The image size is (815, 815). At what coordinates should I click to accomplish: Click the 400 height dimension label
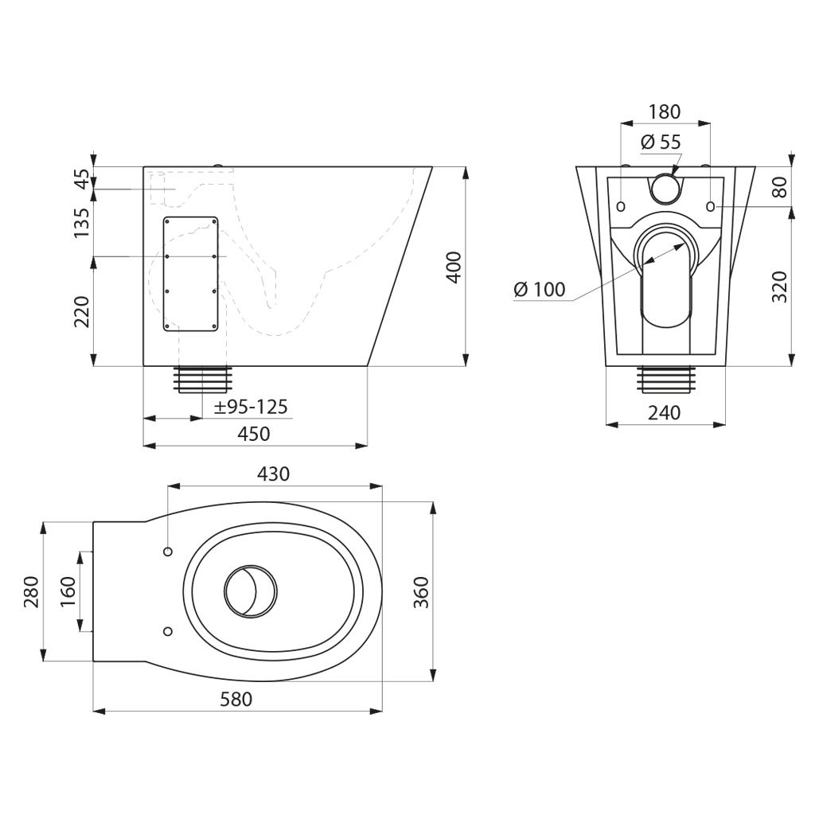click(x=454, y=267)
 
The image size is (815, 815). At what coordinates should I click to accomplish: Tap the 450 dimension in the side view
click(x=254, y=434)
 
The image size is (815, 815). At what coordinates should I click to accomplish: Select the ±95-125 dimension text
click(x=251, y=407)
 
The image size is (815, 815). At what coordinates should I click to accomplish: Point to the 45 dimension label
click(x=82, y=179)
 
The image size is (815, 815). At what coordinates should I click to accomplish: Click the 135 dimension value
click(x=82, y=223)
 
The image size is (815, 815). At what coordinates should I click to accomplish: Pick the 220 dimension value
click(x=82, y=311)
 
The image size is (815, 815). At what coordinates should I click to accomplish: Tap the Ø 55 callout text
click(x=660, y=142)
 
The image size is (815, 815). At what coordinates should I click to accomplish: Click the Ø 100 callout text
click(x=539, y=289)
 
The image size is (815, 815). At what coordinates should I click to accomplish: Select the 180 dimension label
click(x=665, y=111)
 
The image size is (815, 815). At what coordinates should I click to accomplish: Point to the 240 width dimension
click(x=665, y=413)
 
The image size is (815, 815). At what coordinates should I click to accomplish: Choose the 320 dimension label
click(x=780, y=287)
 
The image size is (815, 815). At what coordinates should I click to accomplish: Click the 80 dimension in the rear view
click(x=780, y=186)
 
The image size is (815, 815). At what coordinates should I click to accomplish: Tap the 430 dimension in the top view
click(x=274, y=474)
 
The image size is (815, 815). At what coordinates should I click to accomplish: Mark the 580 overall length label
click(x=236, y=699)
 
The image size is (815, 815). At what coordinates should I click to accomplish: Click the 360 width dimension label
click(x=420, y=592)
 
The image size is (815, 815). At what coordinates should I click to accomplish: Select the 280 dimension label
click(x=31, y=592)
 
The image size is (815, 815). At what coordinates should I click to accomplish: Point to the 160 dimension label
click(x=68, y=592)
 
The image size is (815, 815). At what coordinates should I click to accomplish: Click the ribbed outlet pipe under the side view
click(x=205, y=380)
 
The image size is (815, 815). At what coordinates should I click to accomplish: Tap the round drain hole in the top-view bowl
click(x=251, y=591)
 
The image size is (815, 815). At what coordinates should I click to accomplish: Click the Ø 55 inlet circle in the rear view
click(x=665, y=188)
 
